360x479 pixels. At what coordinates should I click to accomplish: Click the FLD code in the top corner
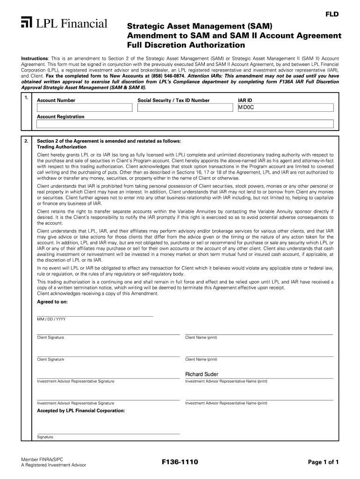tap(331, 15)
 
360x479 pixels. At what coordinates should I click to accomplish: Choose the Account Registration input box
tap(185, 124)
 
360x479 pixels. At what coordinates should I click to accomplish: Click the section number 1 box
tap(26, 98)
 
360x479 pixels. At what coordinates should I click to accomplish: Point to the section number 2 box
tap(26, 141)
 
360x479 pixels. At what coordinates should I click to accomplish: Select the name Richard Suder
tap(202, 374)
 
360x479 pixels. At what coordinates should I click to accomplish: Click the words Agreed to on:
tap(52, 302)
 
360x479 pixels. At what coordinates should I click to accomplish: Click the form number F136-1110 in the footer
tap(180, 462)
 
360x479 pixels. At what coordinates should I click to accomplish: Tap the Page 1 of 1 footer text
tap(323, 462)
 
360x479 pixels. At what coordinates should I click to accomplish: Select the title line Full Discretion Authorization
tap(186, 45)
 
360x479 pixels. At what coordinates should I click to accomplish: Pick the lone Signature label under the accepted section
tap(45, 437)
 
